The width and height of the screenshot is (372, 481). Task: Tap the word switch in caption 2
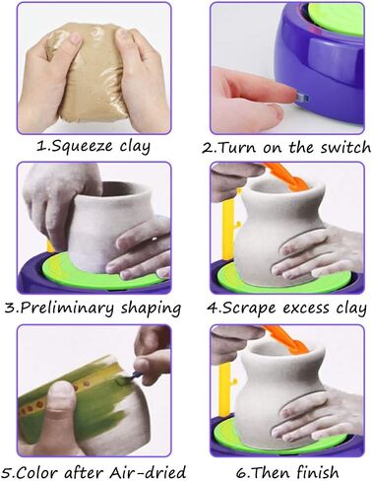pyautogui.click(x=345, y=148)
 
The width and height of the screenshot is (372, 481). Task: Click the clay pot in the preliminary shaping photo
pyautogui.click(x=97, y=226)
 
